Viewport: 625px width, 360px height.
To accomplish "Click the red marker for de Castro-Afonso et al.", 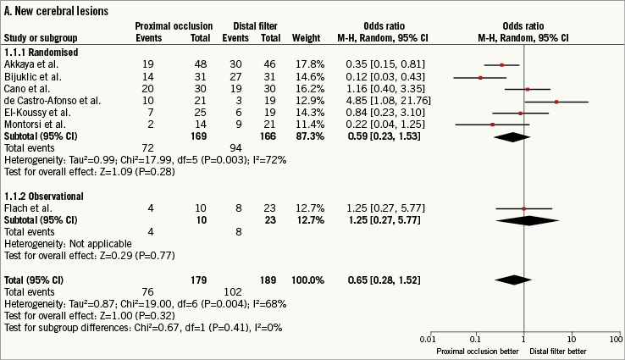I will click(x=556, y=100).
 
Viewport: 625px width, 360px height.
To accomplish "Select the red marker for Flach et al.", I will click(x=524, y=208).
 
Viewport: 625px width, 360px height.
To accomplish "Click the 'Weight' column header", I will click(x=306, y=35).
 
